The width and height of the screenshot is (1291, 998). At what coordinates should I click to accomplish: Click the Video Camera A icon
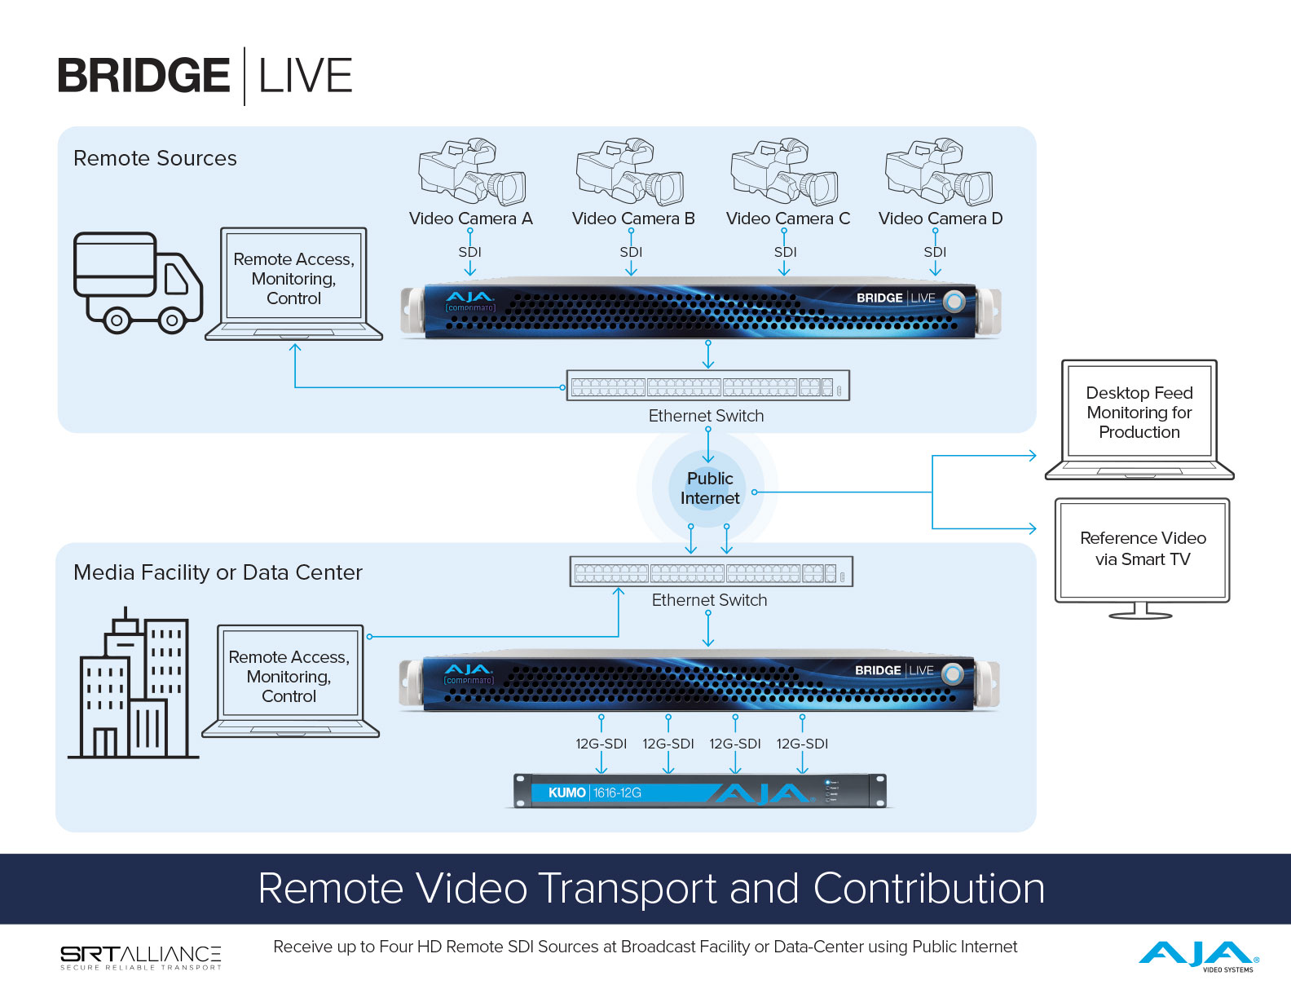(472, 172)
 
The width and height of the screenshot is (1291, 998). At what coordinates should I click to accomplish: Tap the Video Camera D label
(940, 219)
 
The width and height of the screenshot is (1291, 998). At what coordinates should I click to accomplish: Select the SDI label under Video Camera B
(631, 252)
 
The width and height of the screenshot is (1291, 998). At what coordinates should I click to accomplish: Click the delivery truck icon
(138, 282)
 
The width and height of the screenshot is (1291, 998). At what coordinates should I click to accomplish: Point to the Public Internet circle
(707, 488)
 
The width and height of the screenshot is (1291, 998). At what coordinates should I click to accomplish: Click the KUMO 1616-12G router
(700, 791)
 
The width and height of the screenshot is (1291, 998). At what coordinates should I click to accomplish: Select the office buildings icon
(133, 682)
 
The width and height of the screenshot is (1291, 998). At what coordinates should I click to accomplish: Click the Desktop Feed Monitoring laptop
(1139, 420)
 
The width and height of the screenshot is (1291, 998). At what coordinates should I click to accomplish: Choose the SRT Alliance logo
(141, 957)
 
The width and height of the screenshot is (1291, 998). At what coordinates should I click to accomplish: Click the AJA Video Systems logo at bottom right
(1199, 956)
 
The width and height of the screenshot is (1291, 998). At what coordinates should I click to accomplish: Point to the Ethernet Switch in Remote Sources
(707, 385)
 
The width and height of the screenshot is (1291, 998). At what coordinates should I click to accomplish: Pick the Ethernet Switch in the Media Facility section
(712, 572)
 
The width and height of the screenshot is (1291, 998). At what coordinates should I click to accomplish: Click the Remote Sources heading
(155, 158)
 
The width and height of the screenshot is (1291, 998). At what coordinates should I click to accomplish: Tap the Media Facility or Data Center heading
(218, 572)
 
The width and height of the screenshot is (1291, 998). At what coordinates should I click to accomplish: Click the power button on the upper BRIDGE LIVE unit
(954, 301)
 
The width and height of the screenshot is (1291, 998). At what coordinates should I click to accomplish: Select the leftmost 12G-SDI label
(601, 744)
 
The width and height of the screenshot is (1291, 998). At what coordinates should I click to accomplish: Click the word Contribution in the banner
(928, 889)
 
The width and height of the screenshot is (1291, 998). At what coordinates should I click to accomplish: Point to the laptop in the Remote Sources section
(293, 284)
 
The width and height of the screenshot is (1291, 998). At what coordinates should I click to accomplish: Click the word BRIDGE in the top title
(143, 76)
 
